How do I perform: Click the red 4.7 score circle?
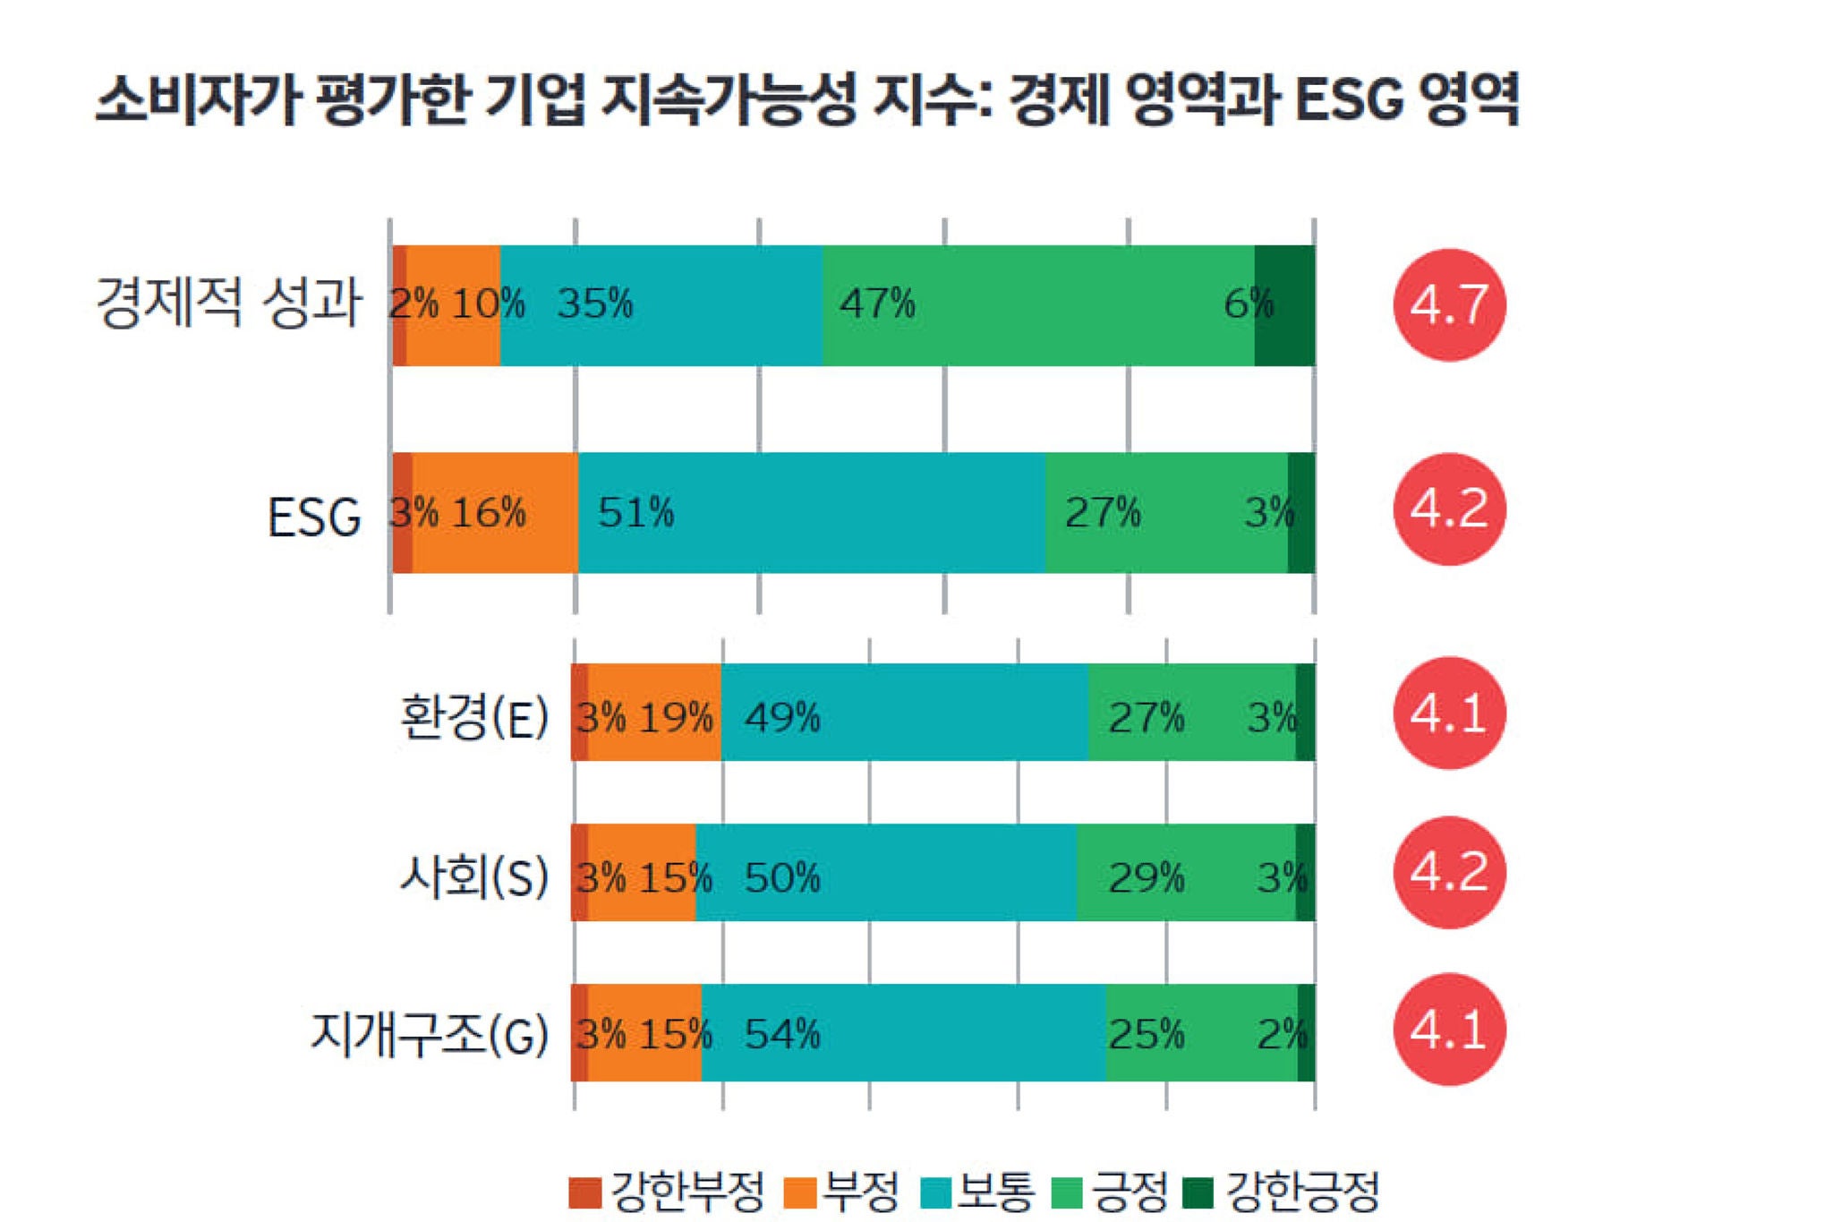1449,304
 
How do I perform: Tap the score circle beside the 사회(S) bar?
1449,872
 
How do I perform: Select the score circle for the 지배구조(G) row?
1449,1030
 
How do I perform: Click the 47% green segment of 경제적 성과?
1038,304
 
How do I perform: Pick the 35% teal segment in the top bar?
661,304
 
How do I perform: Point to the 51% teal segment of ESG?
811,512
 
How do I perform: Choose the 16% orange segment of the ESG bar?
495,512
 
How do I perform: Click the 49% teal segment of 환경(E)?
904,713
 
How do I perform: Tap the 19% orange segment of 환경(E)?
654,713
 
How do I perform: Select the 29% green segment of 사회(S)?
1186,872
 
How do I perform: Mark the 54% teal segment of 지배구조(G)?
903,1031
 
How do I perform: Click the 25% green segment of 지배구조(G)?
1201,1031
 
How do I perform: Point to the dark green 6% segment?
1285,304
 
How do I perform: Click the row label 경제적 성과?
229,303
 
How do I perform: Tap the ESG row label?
313,517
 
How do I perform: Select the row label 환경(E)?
473,717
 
